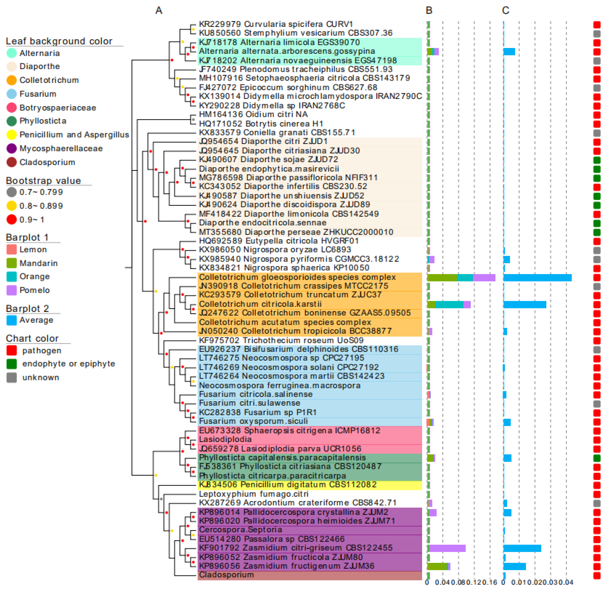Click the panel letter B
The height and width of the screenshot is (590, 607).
coord(429,11)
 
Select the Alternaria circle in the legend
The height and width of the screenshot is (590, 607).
coord(11,53)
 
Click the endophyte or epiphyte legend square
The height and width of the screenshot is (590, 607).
coord(11,364)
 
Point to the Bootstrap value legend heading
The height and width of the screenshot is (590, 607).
coord(43,181)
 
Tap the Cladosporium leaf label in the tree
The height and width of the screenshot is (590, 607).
coord(226,575)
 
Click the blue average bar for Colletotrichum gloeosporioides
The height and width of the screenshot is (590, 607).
coord(537,278)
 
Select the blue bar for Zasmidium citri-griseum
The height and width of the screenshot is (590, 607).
coord(522,548)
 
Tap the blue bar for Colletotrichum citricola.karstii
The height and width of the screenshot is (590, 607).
coord(525,305)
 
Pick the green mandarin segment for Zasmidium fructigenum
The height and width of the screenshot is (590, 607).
coord(437,566)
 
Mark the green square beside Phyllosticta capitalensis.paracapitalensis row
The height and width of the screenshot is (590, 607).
coord(597,458)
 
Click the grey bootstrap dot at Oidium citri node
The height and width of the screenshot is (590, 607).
coord(193,119)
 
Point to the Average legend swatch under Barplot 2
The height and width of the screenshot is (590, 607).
coord(11,320)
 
